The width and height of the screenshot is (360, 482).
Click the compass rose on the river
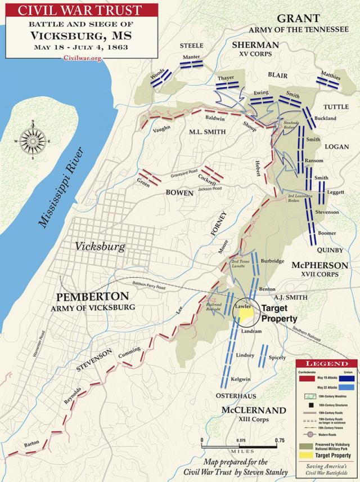(33, 141)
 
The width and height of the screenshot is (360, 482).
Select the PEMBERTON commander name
(92, 296)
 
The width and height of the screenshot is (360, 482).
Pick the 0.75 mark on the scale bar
(279, 441)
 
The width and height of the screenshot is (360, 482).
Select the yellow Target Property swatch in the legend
(307, 454)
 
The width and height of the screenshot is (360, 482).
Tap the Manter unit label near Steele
(192, 57)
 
